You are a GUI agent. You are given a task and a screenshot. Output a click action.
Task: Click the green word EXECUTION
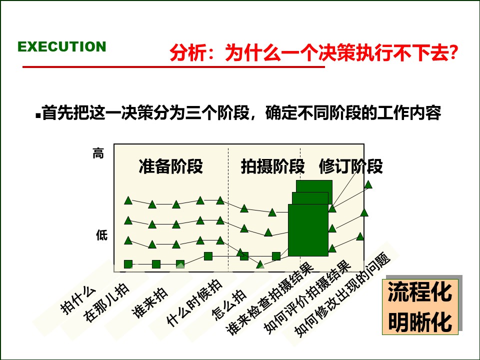coord(62,47)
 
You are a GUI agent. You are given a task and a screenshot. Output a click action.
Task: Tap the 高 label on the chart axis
coord(98,154)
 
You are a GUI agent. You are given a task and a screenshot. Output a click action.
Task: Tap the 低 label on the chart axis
coord(101,235)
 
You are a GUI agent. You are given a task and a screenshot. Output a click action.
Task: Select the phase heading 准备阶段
coord(170,166)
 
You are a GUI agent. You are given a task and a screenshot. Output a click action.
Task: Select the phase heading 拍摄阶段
coord(272,166)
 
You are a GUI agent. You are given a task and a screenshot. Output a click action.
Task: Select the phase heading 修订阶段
coord(350,166)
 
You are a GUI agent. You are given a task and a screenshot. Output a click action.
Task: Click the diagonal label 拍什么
coord(77,299)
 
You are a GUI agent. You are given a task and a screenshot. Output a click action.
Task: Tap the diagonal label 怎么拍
coord(229,304)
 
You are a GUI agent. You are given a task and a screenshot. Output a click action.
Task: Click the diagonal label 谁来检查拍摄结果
coord(270,299)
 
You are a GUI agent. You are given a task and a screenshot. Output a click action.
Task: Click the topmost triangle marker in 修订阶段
coord(368,184)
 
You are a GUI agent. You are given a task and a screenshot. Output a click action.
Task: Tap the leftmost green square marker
coord(128,264)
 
